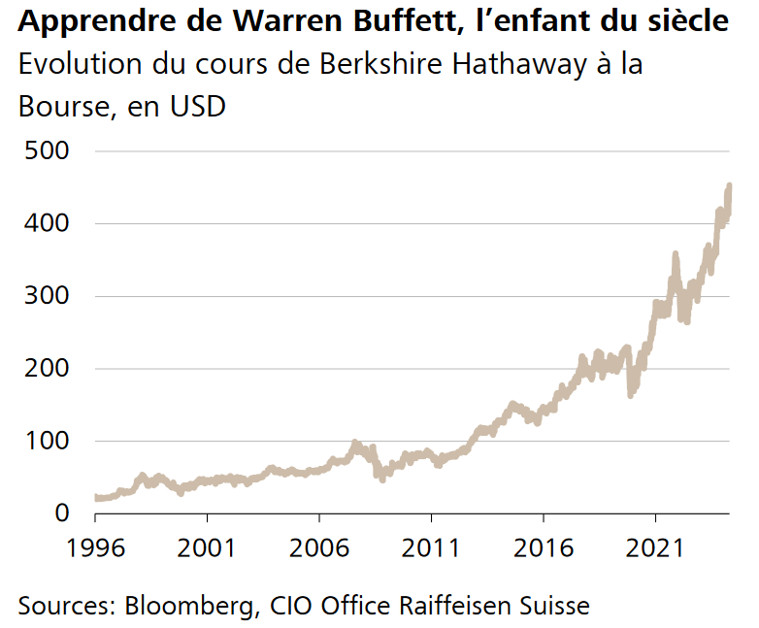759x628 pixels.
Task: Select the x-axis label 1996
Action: point(95,547)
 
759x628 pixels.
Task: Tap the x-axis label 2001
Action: point(208,547)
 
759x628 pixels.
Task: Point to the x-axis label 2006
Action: point(319,547)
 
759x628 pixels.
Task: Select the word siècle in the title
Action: point(685,20)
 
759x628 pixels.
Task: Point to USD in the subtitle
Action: point(197,106)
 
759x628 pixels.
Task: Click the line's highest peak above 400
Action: point(729,185)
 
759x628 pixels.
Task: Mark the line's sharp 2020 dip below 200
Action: point(631,393)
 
